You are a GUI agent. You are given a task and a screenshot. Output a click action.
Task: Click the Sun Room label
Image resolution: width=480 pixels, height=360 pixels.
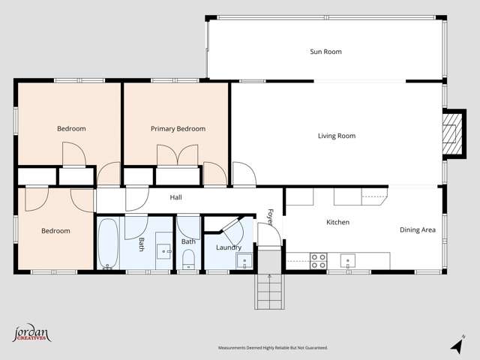click(x=325, y=52)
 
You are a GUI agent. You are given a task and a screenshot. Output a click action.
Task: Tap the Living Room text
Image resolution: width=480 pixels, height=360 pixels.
click(x=337, y=136)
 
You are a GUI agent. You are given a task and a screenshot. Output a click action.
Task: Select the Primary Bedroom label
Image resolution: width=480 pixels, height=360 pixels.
click(x=178, y=129)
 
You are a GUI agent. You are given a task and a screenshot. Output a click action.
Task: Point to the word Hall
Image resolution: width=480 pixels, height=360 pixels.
click(x=175, y=197)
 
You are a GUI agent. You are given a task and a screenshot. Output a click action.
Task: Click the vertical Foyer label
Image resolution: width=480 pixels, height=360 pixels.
click(x=270, y=217)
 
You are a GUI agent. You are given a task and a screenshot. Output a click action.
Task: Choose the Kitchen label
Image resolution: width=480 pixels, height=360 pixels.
click(x=337, y=222)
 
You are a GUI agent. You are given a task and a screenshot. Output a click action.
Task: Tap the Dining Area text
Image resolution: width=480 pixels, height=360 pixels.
click(x=417, y=230)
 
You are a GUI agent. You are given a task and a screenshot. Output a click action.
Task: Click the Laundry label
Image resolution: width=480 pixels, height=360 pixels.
click(x=228, y=247)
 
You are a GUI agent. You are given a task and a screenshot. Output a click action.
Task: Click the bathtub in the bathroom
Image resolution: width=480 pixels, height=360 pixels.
click(x=108, y=243)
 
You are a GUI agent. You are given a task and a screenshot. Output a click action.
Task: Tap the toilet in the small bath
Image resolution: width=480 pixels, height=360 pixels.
click(x=188, y=259)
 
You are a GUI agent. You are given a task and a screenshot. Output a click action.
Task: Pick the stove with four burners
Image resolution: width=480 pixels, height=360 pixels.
click(x=319, y=260)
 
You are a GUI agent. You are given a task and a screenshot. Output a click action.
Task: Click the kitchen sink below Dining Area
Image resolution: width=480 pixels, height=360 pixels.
click(x=347, y=260)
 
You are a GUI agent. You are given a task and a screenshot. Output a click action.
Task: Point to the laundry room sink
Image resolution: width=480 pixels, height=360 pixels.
click(x=244, y=261)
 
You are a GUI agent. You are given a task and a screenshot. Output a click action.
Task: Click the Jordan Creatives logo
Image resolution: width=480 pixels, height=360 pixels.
click(x=31, y=334)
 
